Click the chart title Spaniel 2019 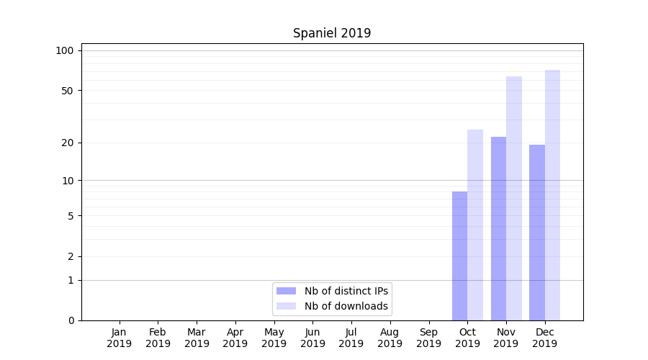tap(332, 33)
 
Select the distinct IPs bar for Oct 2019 tap(459, 256)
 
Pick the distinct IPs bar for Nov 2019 tap(498, 228)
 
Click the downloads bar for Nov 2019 tap(514, 198)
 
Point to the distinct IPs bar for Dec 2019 tap(537, 233)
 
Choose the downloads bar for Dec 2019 tap(552, 195)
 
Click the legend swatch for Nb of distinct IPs tap(286, 291)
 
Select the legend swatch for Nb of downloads tap(286, 306)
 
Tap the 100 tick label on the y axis tap(65, 50)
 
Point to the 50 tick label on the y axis tap(67, 91)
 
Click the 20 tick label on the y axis tap(67, 143)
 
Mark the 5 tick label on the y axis tap(70, 216)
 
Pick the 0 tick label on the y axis tap(70, 320)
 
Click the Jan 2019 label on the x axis tap(120, 338)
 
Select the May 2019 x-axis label tap(274, 338)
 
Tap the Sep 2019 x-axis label tap(428, 338)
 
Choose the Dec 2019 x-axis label tap(544, 338)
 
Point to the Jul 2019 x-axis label tap(351, 338)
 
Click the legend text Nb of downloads tap(346, 306)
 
